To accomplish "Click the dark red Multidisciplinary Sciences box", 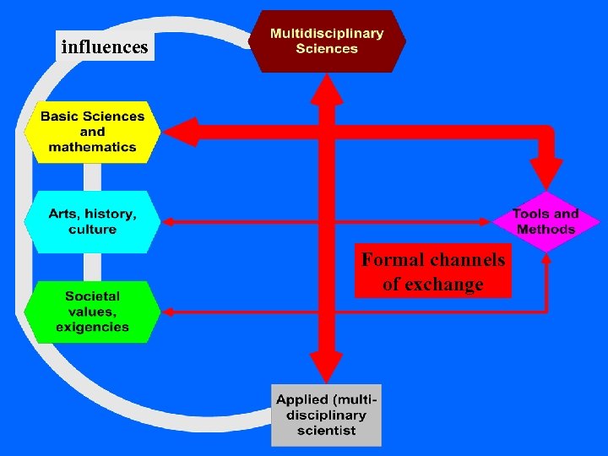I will click(x=327, y=41).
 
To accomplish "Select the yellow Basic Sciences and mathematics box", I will click(x=92, y=132).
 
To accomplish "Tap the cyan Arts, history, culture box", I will click(x=92, y=222).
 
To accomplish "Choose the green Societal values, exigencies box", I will click(x=92, y=312).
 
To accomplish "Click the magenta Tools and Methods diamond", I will click(x=546, y=221).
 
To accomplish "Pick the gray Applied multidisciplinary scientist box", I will click(x=326, y=415).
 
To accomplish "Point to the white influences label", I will click(x=105, y=47).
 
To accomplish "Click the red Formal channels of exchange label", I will click(x=432, y=271).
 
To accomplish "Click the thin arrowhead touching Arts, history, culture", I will click(x=167, y=222).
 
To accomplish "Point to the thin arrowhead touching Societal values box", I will click(x=167, y=312).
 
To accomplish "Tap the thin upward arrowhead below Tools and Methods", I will click(x=546, y=259).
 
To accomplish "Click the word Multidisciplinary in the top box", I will click(x=327, y=34).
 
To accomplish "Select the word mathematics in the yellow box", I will click(x=92, y=147).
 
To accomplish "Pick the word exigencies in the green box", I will click(x=92, y=327).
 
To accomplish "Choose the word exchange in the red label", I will click(x=445, y=285).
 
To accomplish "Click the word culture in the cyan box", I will click(x=92, y=230).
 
